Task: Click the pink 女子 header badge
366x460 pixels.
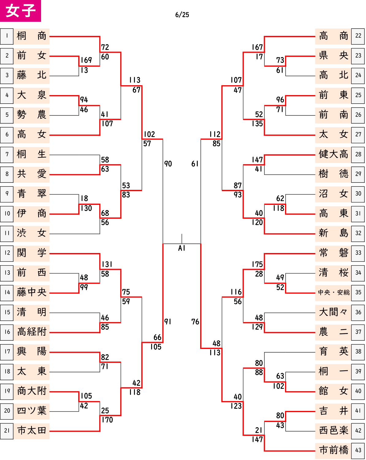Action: click(x=21, y=11)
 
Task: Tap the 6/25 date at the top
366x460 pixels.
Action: click(x=182, y=15)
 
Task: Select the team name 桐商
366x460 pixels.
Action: click(x=32, y=36)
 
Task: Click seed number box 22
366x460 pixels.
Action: click(x=358, y=36)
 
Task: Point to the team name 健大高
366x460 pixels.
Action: click(x=333, y=154)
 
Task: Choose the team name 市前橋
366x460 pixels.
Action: click(x=333, y=450)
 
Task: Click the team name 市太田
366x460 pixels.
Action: click(x=32, y=431)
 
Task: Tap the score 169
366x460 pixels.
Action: click(x=86, y=60)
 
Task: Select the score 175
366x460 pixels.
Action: click(x=257, y=264)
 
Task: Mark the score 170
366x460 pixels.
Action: click(x=107, y=420)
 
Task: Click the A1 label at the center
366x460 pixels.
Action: click(x=181, y=248)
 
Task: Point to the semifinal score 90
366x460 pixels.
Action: click(x=168, y=164)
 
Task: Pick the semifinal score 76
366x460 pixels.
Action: click(x=195, y=322)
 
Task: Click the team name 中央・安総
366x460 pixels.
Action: click(x=334, y=293)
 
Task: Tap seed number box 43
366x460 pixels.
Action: click(x=358, y=450)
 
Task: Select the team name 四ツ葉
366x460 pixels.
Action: click(x=32, y=411)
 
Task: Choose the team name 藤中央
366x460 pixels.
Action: click(x=32, y=293)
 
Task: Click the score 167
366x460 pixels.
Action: click(x=257, y=47)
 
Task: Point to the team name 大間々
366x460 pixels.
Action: click(x=333, y=312)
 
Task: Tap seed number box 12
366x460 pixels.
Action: click(x=7, y=253)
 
